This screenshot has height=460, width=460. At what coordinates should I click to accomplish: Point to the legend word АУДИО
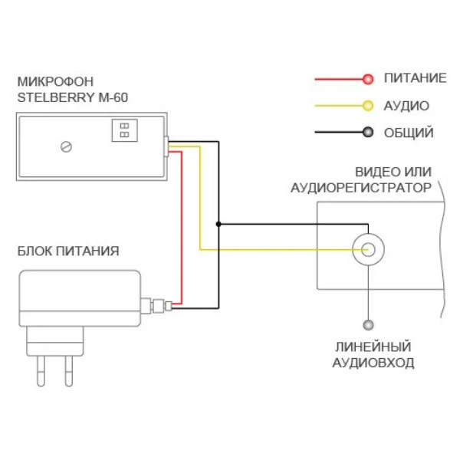pyautogui.click(x=406, y=106)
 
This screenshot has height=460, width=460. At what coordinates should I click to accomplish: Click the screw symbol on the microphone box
pyautogui.click(x=67, y=146)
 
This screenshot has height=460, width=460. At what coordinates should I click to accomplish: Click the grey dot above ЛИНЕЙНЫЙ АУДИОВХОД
pyautogui.click(x=368, y=325)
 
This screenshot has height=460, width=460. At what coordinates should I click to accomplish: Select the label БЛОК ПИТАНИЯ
pyautogui.click(x=68, y=251)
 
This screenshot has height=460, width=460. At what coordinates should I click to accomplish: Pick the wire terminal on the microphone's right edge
pyautogui.click(x=166, y=145)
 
